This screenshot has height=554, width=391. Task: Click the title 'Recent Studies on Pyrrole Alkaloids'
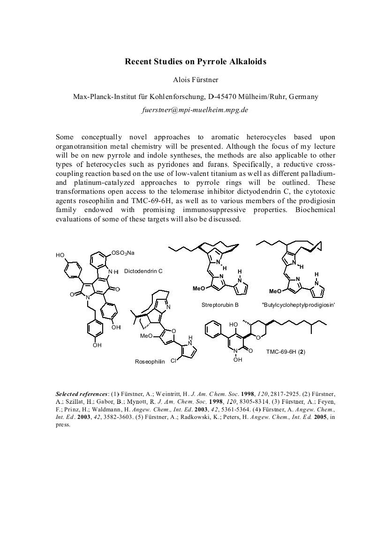click(195, 62)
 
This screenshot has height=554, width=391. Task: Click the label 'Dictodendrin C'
click(143, 271)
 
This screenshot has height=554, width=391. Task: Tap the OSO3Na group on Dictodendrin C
click(123, 253)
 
